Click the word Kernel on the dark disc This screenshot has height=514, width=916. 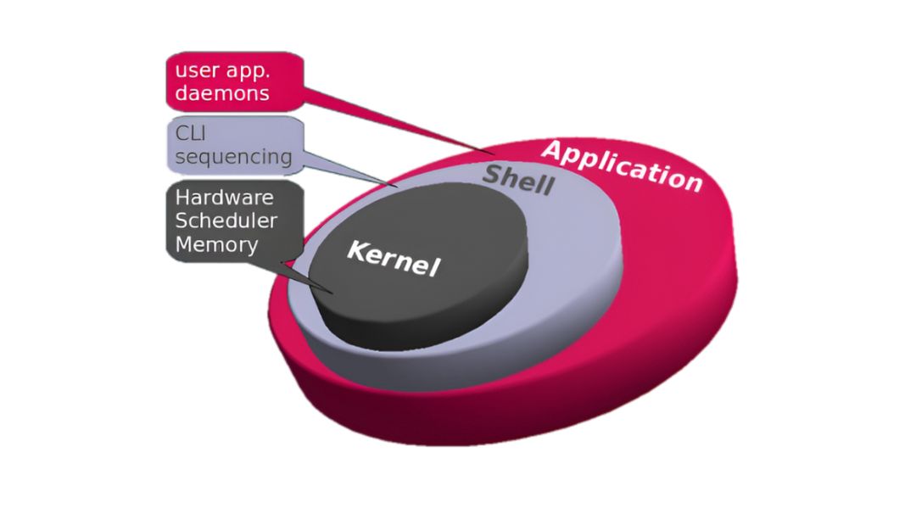click(x=394, y=258)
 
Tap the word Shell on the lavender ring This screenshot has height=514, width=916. click(x=518, y=179)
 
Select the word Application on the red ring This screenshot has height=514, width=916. click(x=623, y=166)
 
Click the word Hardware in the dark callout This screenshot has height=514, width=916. click(x=224, y=198)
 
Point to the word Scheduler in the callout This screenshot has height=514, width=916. click(x=226, y=221)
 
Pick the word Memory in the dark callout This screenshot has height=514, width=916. click(x=217, y=245)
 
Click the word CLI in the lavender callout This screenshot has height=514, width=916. click(x=191, y=133)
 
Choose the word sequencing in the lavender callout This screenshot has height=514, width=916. click(x=234, y=157)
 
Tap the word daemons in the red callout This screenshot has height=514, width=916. click(x=222, y=93)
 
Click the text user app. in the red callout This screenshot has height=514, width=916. click(x=222, y=70)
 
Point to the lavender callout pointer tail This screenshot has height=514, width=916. click(x=349, y=169)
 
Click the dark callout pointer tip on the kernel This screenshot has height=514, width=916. click(x=332, y=293)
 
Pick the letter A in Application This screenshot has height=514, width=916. click(x=553, y=151)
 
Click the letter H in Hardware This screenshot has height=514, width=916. click(x=182, y=198)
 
